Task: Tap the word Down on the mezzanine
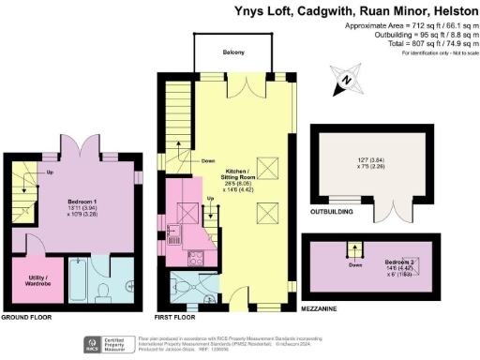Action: [355, 265]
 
